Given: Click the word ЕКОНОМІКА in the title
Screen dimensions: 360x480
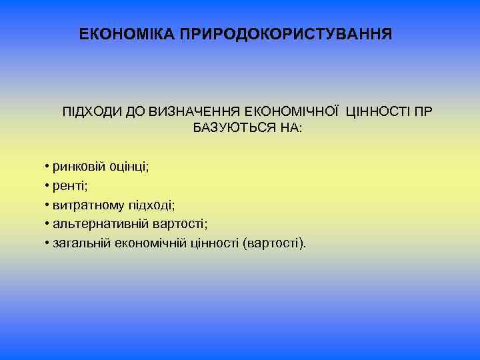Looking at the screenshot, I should (127, 33).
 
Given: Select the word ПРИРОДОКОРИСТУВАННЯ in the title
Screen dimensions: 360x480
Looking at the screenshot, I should (286, 33).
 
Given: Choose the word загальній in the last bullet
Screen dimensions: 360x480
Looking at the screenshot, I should (78, 243).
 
